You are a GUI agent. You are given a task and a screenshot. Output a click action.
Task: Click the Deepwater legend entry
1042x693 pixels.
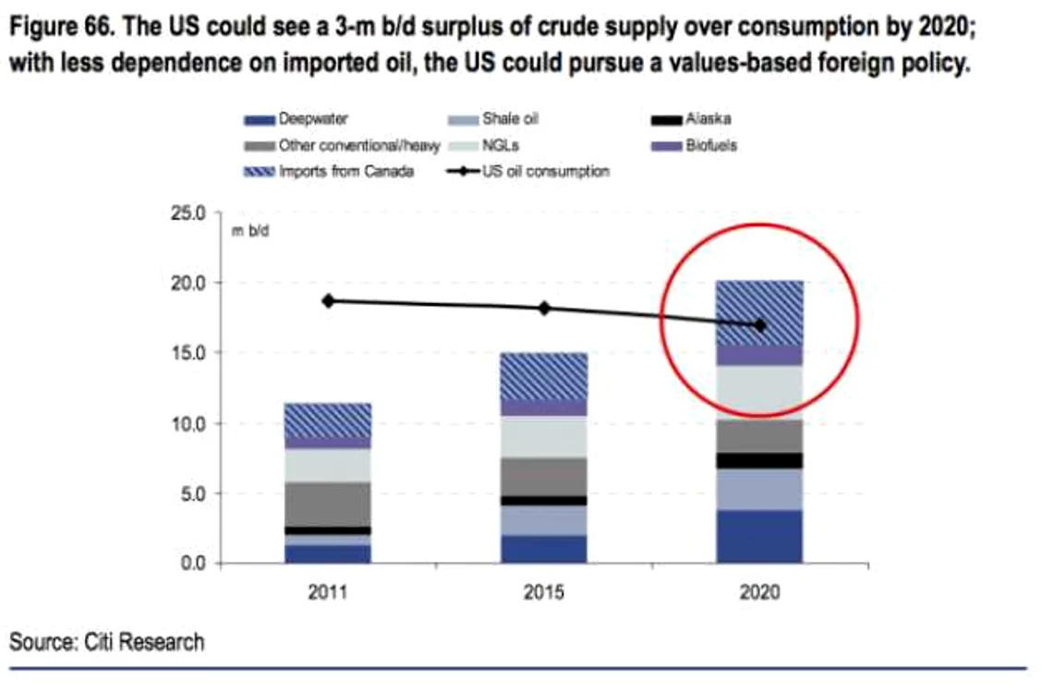point(296,119)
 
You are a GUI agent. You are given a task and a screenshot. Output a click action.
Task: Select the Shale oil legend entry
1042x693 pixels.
point(493,119)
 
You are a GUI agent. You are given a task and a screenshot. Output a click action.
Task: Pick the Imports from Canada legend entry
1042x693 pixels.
point(329,172)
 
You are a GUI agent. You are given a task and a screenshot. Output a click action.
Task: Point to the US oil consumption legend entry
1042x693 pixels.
point(528,172)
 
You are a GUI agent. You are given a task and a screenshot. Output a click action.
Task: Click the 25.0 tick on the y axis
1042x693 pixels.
point(188,213)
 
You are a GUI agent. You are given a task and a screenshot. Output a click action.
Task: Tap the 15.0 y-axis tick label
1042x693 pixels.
point(188,353)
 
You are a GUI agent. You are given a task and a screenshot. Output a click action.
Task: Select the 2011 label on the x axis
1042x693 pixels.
point(328,591)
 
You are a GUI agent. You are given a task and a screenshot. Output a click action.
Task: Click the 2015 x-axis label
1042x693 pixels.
point(543,591)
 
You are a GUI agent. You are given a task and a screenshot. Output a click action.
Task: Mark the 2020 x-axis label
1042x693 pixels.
point(759,591)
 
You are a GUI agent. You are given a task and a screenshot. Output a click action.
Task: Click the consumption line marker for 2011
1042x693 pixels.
point(328,301)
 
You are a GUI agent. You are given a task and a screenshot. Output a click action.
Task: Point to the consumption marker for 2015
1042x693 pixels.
point(544,309)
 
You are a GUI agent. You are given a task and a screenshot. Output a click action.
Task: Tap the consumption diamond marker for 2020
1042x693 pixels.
point(760,325)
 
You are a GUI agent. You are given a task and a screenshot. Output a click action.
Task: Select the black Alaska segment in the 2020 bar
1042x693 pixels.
point(759,461)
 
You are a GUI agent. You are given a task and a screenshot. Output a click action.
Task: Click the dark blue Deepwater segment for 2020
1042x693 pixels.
point(759,537)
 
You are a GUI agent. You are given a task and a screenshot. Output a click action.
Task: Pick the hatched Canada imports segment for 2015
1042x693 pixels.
point(543,376)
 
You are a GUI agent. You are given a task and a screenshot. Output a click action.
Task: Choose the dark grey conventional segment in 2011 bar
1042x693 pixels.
point(328,505)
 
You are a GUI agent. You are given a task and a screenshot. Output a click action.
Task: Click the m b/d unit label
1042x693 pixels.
point(249,231)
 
